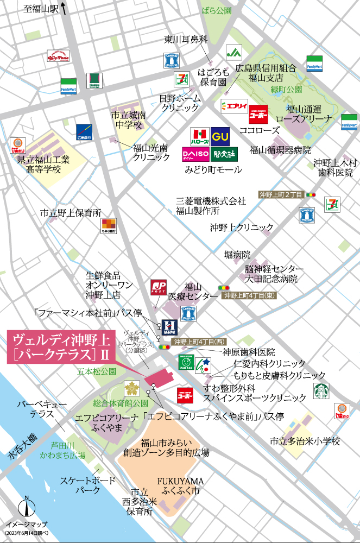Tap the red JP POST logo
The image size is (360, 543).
click(159, 287)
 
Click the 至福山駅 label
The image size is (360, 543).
click(41, 9)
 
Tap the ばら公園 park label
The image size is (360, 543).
click(216, 10)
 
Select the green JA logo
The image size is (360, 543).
click(234, 53)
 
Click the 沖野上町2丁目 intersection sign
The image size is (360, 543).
click(280, 194)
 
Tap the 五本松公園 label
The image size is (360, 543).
click(97, 371)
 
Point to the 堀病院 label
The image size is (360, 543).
click(238, 254)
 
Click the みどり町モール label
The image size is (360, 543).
click(213, 170)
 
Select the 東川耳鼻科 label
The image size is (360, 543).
click(186, 40)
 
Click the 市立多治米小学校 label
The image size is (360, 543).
click(305, 441)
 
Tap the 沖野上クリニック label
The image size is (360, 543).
click(242, 227)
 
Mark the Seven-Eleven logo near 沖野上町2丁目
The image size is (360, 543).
click(332, 204)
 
